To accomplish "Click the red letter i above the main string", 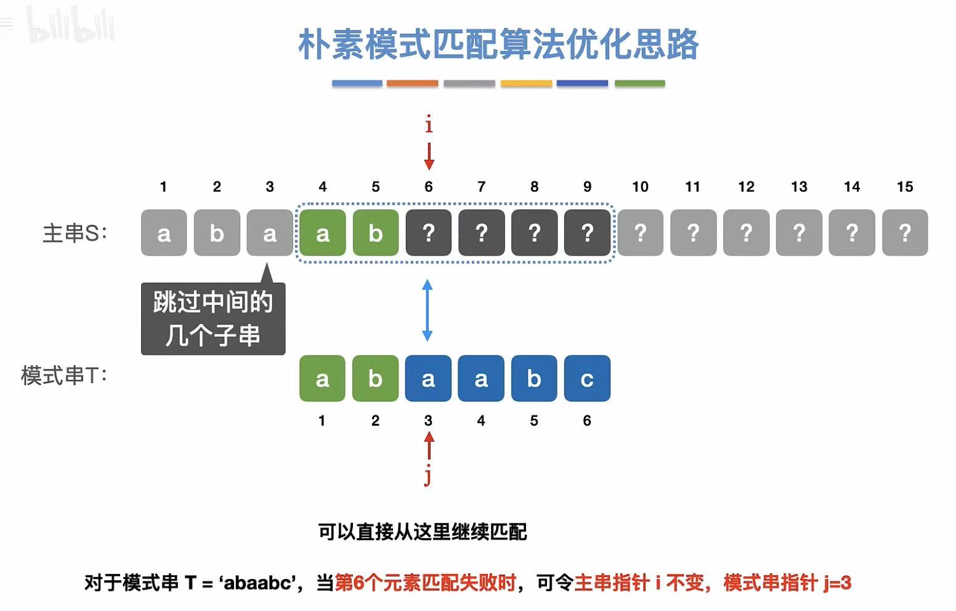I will [429, 126].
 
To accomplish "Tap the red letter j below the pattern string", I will [427, 475].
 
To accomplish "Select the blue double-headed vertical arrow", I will [427, 310].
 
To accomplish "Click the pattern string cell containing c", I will [587, 378].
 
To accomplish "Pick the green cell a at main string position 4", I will [322, 233].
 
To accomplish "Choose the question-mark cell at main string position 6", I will [429, 233].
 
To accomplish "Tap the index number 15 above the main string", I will [904, 187].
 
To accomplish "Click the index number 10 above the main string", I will [640, 187].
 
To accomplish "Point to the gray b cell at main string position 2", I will [217, 233].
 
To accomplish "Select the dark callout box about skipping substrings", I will [213, 318].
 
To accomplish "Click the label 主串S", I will [75, 233].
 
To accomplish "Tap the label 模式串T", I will [64, 375].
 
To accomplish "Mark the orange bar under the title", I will [412, 83].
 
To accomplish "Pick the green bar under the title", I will [639, 83].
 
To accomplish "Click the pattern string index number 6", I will [587, 421].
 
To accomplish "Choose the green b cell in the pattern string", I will [375, 378].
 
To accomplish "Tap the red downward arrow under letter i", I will [429, 156].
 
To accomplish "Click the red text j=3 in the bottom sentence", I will [837, 582].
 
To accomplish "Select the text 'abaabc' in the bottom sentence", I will [257, 582].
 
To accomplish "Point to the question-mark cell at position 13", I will [799, 233].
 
